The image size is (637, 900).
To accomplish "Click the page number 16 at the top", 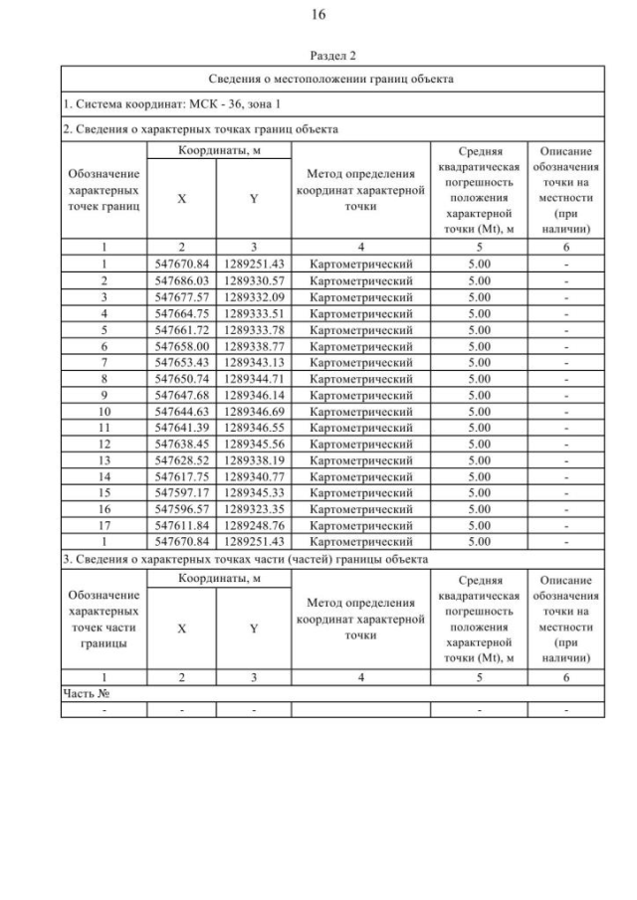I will (x=318, y=15).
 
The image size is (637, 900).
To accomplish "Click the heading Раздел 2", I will (x=318, y=57).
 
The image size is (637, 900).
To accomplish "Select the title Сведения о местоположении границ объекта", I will (x=331, y=78).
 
